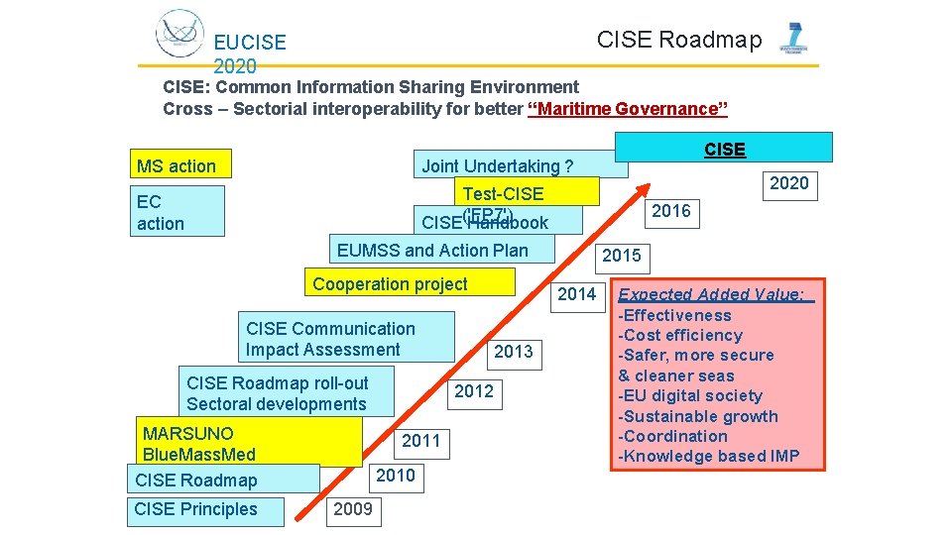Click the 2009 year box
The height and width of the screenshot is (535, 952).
(353, 510)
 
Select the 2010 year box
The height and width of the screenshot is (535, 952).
(396, 476)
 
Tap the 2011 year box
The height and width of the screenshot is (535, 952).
(420, 441)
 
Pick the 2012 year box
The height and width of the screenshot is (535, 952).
(473, 391)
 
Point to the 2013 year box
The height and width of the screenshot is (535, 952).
(513, 352)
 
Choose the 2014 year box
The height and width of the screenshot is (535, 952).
(576, 294)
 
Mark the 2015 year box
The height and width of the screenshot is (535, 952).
(622, 256)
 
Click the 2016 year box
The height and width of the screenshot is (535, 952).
(671, 211)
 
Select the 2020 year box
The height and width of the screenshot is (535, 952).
(789, 183)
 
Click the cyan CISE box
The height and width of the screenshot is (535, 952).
(724, 149)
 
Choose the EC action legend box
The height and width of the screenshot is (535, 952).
(177, 212)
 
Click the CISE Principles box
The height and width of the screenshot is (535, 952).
(205, 510)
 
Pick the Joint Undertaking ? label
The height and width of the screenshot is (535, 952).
(497, 165)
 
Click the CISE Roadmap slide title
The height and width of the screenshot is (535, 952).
(679, 40)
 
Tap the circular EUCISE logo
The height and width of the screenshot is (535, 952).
(179, 33)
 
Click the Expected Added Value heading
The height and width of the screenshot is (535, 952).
(714, 294)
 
